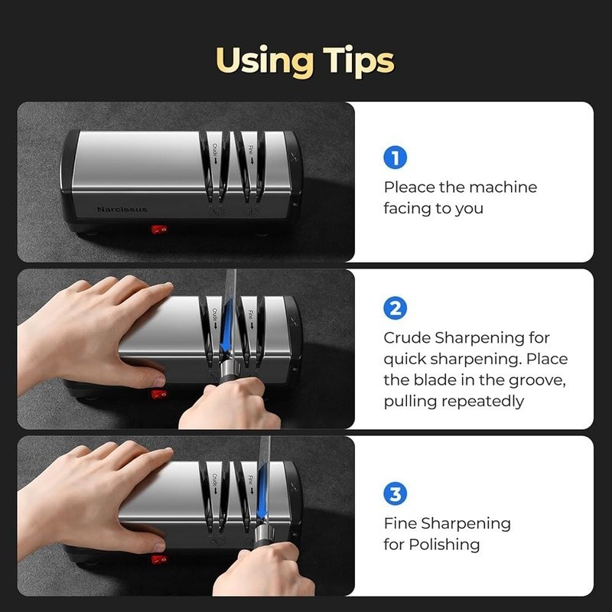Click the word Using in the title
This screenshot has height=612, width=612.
261,60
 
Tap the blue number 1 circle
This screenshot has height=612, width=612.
395,158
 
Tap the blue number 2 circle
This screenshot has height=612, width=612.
395,309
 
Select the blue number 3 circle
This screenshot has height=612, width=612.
395,494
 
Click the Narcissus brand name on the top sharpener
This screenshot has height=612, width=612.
122,209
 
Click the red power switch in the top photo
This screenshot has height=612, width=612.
159,229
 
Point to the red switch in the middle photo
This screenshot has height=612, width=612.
159,394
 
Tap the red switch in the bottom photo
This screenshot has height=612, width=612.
159,560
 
